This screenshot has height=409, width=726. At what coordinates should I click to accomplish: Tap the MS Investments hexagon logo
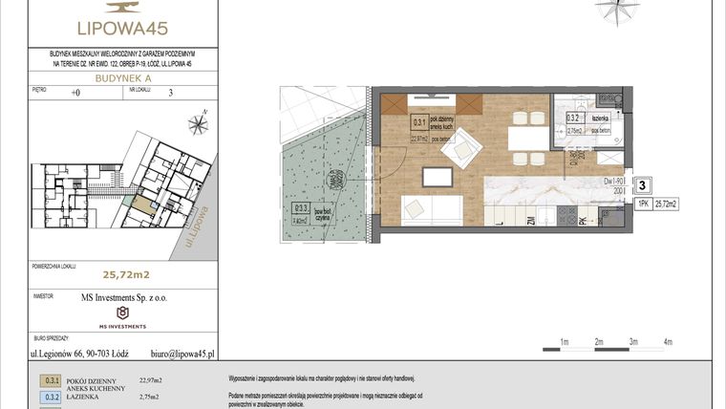121,312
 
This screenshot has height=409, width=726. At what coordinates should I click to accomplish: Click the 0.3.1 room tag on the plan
418,122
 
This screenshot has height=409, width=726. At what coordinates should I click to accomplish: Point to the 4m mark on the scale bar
669,341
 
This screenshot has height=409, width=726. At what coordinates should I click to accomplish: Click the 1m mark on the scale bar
565,341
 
